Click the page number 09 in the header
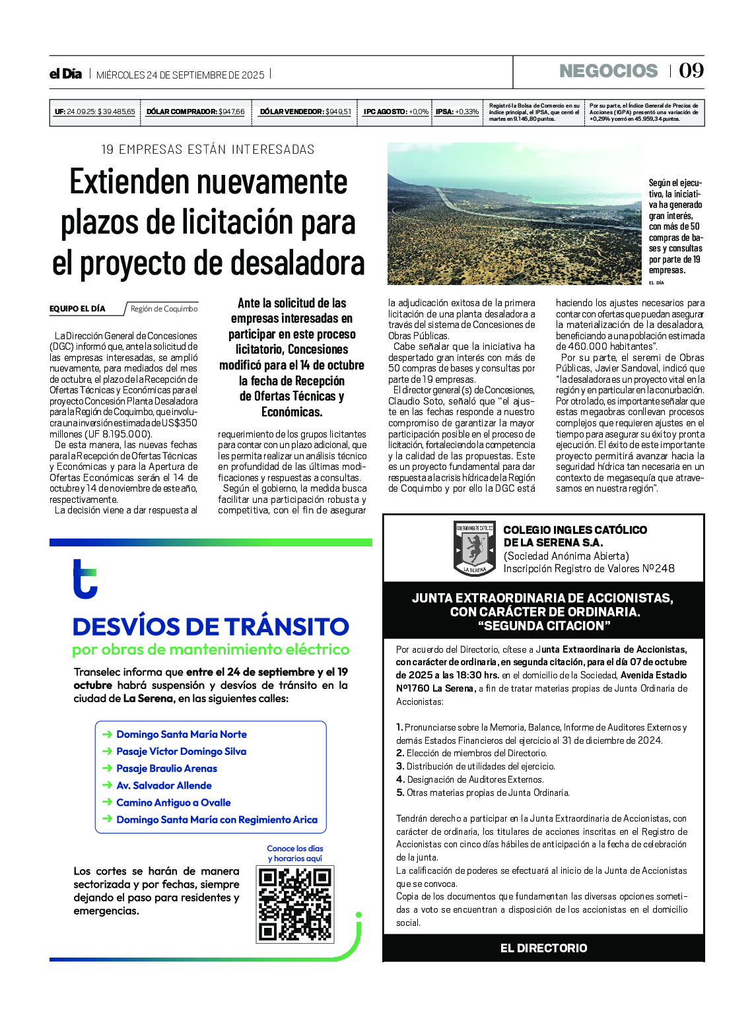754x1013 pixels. click(691, 71)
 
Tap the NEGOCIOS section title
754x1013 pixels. click(608, 71)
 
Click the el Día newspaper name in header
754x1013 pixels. click(65, 74)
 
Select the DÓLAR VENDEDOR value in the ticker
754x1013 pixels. click(338, 112)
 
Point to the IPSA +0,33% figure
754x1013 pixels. click(467, 112)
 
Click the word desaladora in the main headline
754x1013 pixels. click(304, 263)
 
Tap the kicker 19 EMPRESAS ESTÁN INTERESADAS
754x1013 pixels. click(207, 149)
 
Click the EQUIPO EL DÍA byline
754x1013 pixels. click(77, 308)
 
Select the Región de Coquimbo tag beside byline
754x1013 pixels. click(164, 308)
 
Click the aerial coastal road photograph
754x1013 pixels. click(514, 213)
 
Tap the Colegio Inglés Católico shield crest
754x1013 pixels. click(474, 548)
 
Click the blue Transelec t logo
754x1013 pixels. click(85, 579)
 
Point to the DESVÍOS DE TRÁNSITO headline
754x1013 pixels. click(211, 626)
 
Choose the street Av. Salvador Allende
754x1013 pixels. click(164, 785)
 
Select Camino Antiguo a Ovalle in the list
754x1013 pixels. click(173, 802)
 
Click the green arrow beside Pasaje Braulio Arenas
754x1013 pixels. click(107, 768)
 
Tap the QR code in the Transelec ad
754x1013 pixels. click(294, 904)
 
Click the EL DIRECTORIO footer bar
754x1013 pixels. click(543, 948)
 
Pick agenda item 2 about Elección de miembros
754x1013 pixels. click(471, 753)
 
